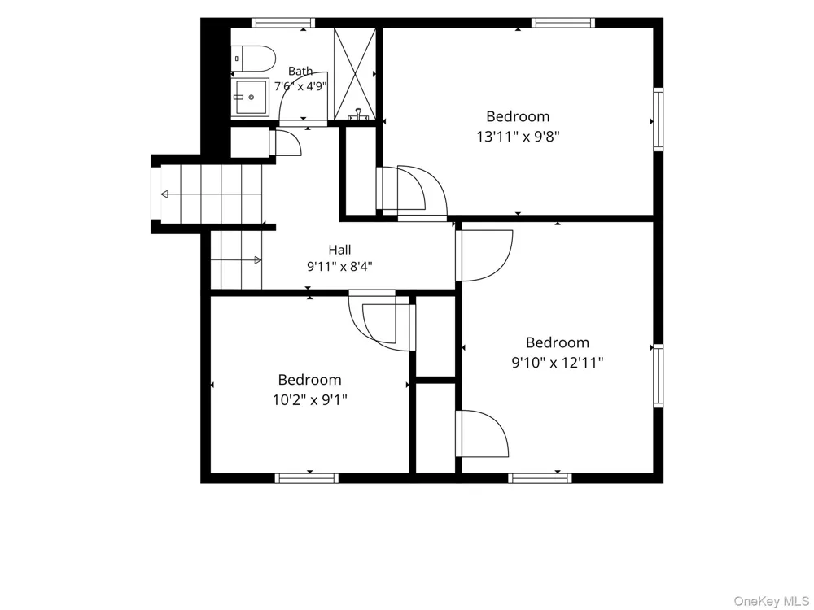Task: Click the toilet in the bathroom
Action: (253, 59)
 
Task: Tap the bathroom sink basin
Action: (250, 97)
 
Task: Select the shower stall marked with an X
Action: (355, 74)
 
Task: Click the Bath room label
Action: (300, 71)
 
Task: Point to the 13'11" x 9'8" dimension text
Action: (518, 137)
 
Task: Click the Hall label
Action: (339, 250)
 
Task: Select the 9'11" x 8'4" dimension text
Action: (339, 267)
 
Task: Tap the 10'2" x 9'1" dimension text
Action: (310, 400)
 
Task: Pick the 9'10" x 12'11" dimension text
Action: (558, 362)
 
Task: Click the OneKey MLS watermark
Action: (772, 601)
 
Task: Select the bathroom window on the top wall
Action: (283, 23)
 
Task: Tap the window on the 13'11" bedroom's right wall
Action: (659, 120)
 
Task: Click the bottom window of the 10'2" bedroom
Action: (306, 478)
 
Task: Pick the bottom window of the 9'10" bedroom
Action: (540, 478)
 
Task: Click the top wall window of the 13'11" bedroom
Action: (563, 23)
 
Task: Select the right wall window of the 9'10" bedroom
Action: (659, 376)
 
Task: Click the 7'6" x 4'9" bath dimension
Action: (300, 86)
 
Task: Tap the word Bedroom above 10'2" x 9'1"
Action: (310, 380)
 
